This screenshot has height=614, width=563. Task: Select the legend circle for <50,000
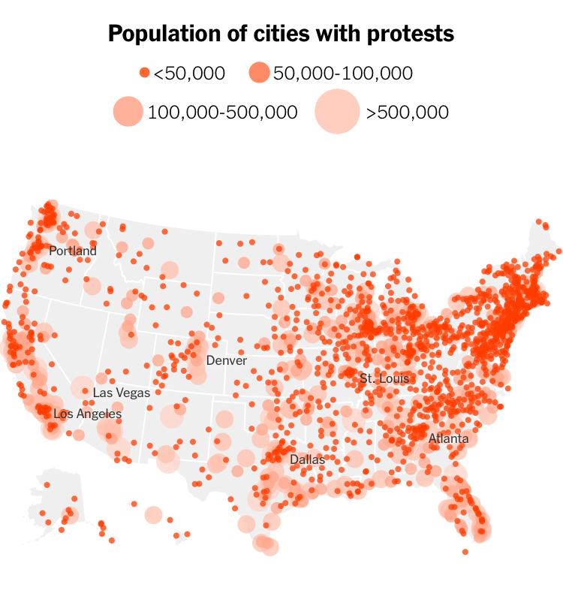click(145, 73)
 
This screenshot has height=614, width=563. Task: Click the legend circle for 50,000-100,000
click(258, 73)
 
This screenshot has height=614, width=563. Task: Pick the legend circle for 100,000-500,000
click(128, 112)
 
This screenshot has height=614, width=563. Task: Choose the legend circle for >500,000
click(336, 112)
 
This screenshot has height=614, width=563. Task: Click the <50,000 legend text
click(189, 73)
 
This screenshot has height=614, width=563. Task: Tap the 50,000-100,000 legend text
click(343, 73)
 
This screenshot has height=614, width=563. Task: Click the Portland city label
click(73, 251)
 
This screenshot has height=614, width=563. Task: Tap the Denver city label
click(226, 360)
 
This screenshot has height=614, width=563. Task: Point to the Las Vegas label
click(122, 393)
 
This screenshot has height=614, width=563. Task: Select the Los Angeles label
click(88, 414)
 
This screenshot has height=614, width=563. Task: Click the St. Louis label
click(384, 378)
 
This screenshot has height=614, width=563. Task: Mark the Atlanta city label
click(448, 438)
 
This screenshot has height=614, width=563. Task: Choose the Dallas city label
click(307, 459)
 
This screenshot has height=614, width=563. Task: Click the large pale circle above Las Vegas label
click(83, 388)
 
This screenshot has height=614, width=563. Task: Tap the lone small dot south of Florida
click(465, 552)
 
